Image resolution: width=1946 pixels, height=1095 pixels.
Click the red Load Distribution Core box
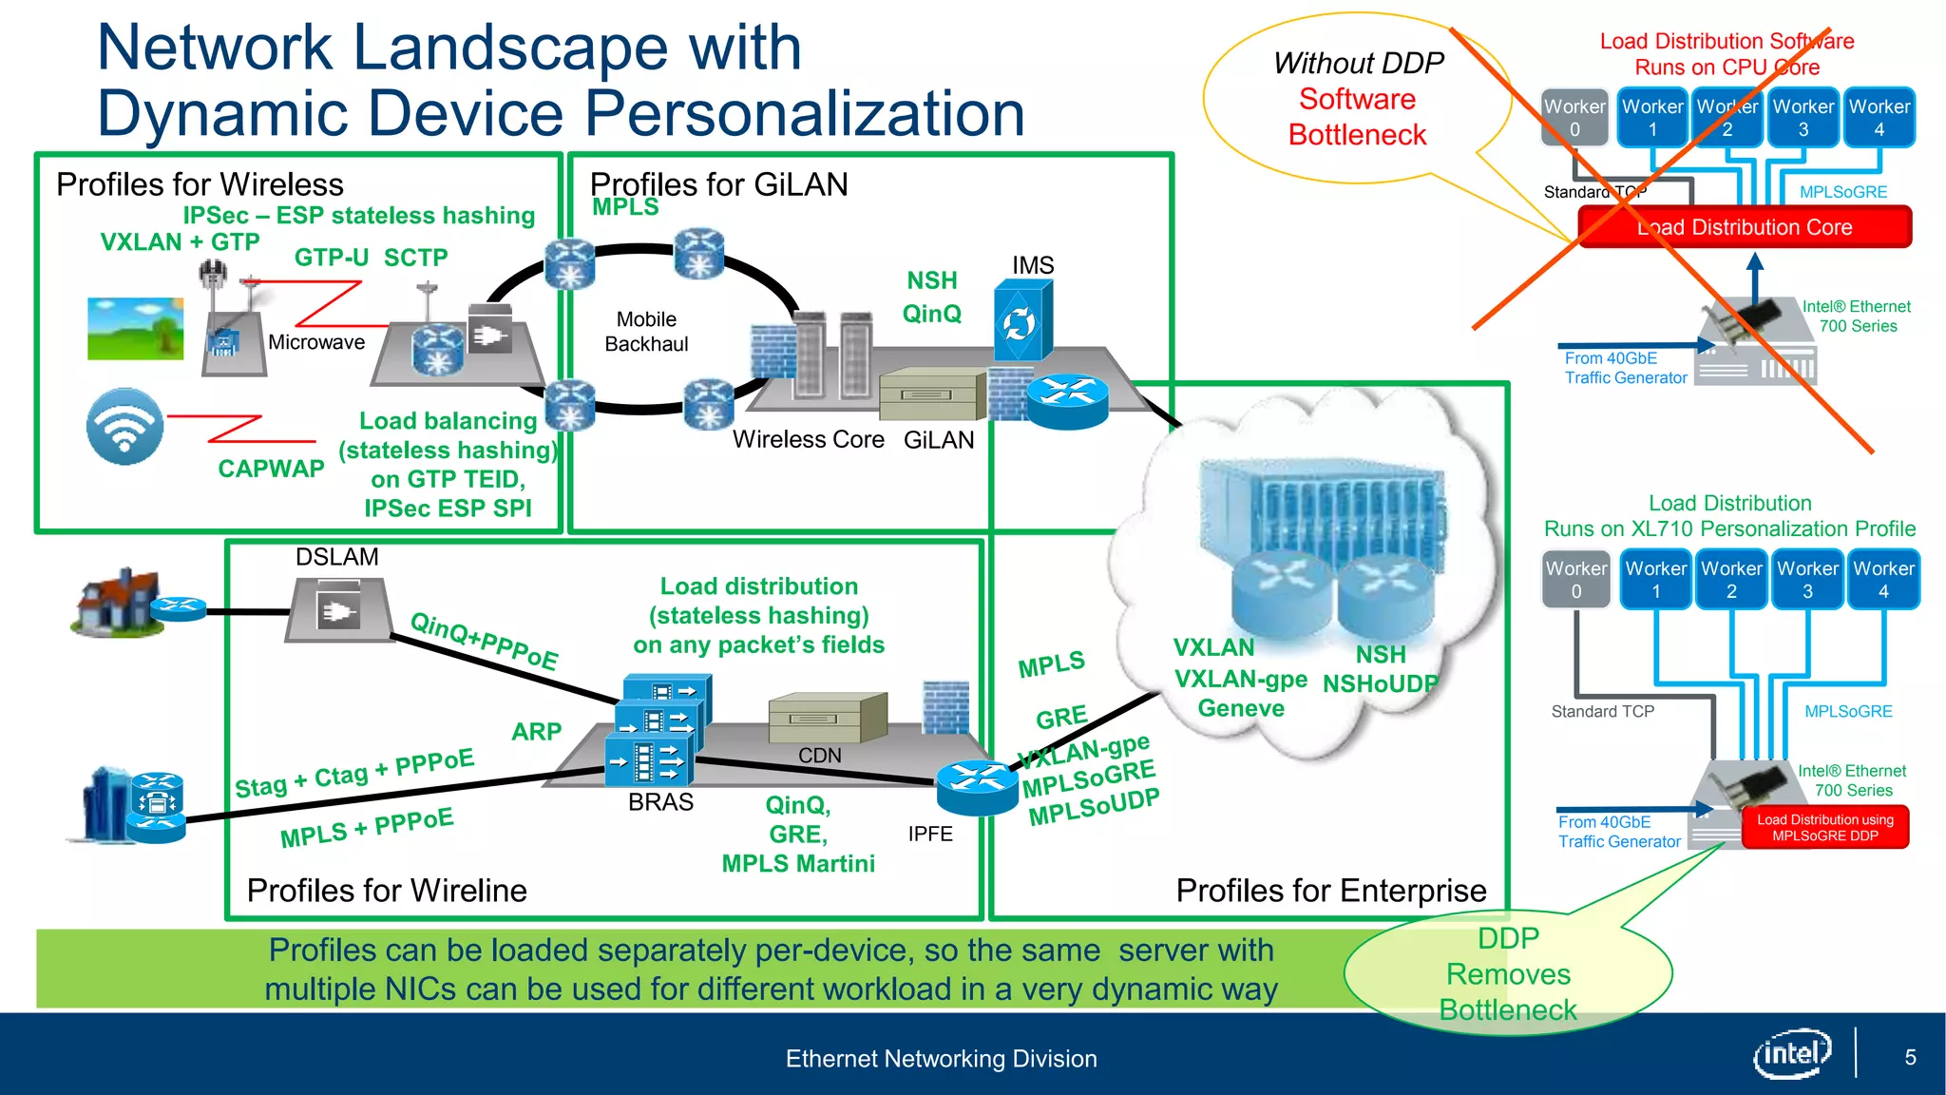pyautogui.click(x=1745, y=227)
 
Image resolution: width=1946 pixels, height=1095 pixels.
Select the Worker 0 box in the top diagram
pyautogui.click(x=1574, y=118)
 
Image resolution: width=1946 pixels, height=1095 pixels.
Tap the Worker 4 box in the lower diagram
pyautogui.click(x=1883, y=580)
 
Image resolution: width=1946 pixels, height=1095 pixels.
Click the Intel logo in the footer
pyautogui.click(x=1792, y=1054)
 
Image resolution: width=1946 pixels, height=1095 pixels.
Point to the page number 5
pyautogui.click(x=1910, y=1057)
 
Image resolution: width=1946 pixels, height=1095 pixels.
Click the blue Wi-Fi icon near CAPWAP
pyautogui.click(x=124, y=427)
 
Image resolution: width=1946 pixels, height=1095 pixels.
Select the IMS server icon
pyautogui.click(x=1021, y=320)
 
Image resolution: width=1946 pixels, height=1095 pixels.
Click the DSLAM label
pyautogui.click(x=336, y=557)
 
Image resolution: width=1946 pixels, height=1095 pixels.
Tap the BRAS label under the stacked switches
pyautogui.click(x=660, y=802)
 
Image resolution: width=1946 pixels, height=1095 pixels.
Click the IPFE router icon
pyautogui.click(x=977, y=785)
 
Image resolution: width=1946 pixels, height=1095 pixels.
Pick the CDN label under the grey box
pyautogui.click(x=819, y=756)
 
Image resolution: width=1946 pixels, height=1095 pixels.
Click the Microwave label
pyautogui.click(x=316, y=342)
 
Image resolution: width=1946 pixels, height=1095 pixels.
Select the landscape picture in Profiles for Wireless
pyautogui.click(x=135, y=328)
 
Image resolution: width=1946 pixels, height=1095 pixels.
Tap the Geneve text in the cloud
pyautogui.click(x=1240, y=708)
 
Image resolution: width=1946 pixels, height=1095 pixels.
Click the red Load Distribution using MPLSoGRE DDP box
pyautogui.click(x=1824, y=827)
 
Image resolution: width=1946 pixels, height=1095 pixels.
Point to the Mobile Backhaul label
pyautogui.click(x=646, y=332)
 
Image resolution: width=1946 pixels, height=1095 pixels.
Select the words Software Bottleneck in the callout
pyautogui.click(x=1357, y=117)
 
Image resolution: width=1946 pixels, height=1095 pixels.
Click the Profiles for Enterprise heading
pyautogui.click(x=1330, y=891)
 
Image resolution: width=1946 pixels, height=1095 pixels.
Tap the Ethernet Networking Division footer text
pyautogui.click(x=941, y=1059)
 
